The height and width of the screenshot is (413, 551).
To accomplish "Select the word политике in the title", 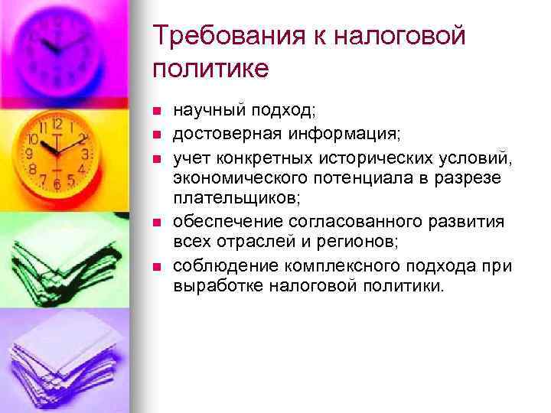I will [x=210, y=69].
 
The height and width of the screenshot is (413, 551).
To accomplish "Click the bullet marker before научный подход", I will [x=156, y=112].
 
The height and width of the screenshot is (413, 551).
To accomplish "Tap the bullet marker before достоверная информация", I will [x=156, y=135].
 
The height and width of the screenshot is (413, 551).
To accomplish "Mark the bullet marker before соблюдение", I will [x=156, y=266].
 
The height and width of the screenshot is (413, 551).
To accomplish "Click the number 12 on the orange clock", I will [x=57, y=123].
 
